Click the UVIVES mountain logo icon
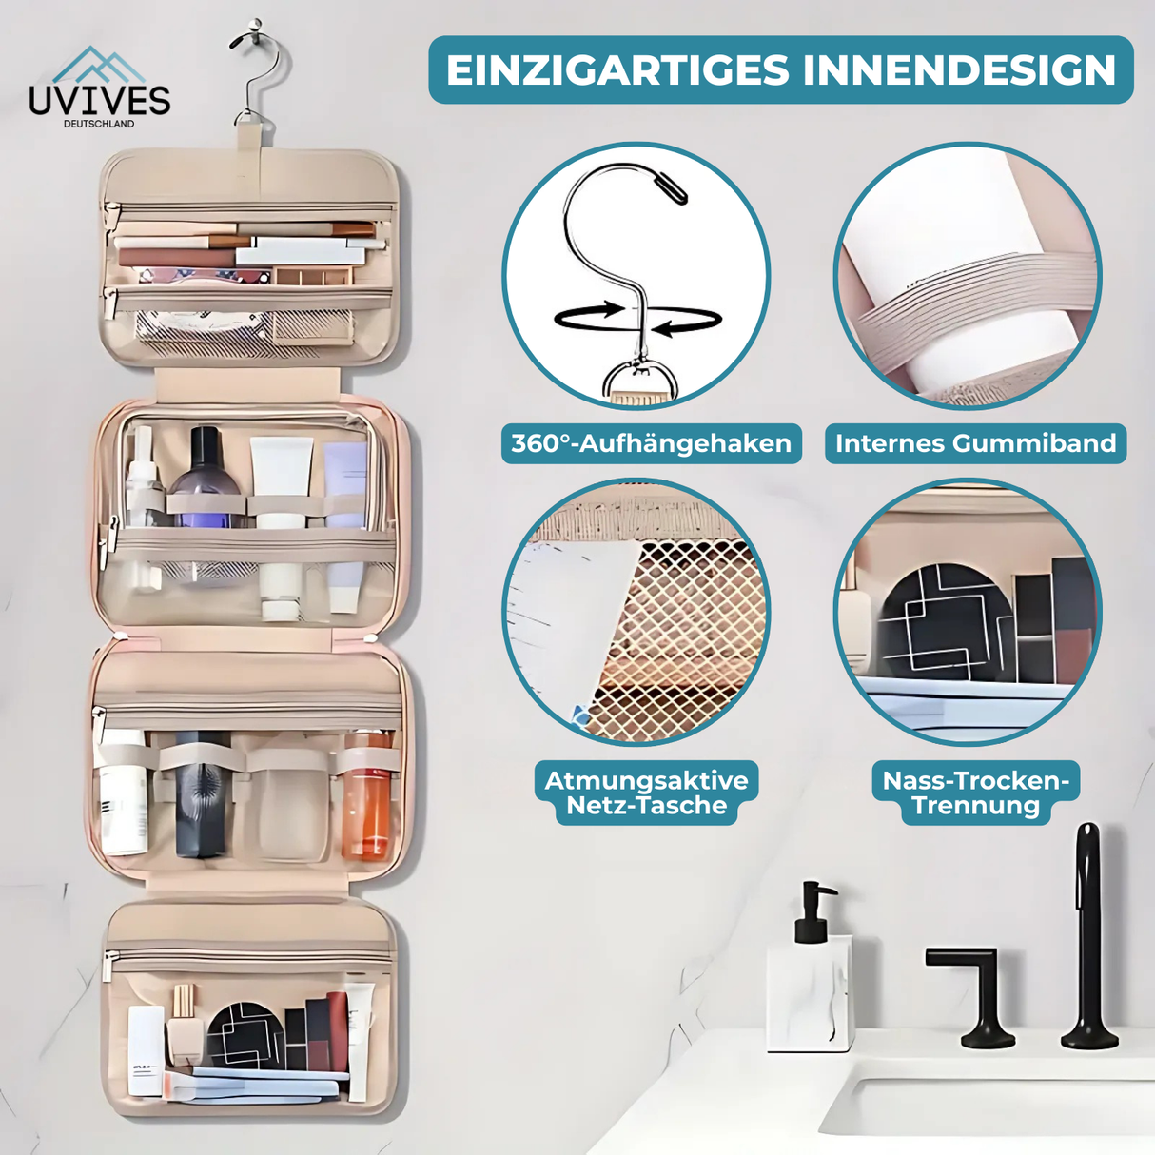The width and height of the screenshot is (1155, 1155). click(x=99, y=64)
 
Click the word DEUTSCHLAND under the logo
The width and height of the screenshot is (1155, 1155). click(x=99, y=124)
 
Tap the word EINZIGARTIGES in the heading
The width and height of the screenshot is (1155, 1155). click(x=617, y=70)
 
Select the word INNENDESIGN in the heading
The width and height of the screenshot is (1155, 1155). click(x=960, y=70)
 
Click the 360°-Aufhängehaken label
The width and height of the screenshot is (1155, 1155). click(x=652, y=443)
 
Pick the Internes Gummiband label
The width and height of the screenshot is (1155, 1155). click(x=976, y=443)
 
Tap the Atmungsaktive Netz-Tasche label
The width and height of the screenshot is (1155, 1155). click(x=647, y=793)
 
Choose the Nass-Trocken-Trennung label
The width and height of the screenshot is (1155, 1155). click(x=976, y=793)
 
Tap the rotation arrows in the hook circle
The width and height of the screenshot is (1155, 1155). click(x=637, y=318)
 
